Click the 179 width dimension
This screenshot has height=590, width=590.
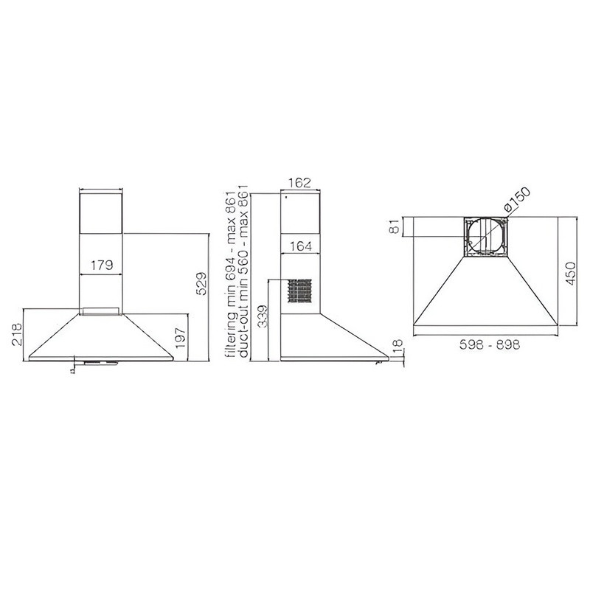102,265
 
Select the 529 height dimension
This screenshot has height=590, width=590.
202,283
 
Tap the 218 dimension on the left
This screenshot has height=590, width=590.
17,335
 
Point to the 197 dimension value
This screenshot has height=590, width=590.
180,338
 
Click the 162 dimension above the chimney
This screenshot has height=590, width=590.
301,183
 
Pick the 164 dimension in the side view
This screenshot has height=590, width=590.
301,246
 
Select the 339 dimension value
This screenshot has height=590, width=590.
263,316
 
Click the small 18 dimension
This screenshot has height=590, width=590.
398,346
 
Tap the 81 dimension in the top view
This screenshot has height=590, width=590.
395,227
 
